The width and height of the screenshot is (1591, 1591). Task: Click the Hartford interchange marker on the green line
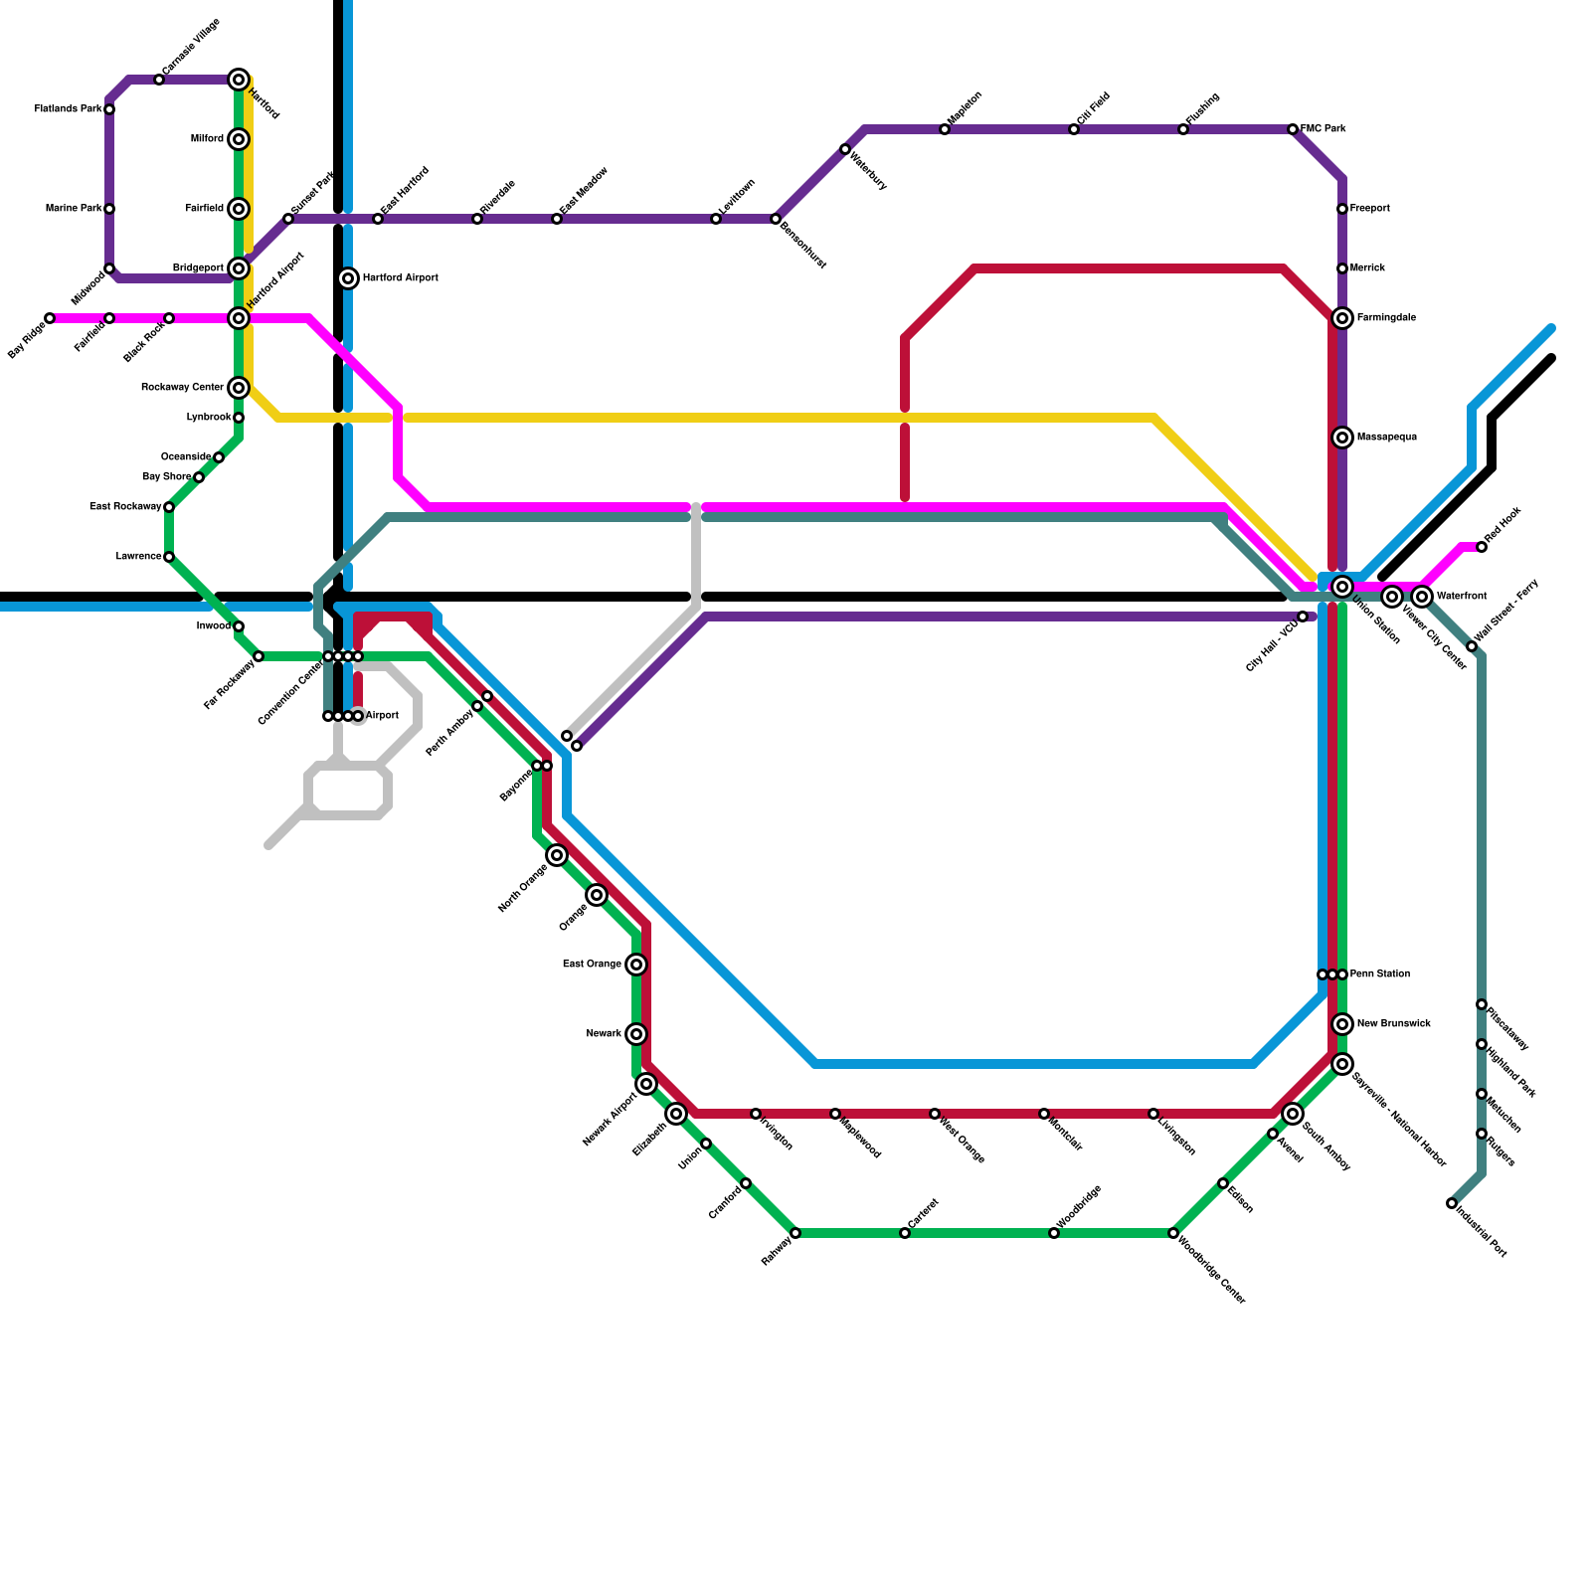pyautogui.click(x=239, y=80)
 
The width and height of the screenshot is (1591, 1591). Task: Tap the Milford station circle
pyautogui.click(x=239, y=139)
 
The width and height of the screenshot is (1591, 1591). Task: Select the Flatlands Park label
pyautogui.click(x=68, y=109)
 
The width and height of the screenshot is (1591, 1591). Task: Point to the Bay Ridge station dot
pyautogui.click(x=50, y=318)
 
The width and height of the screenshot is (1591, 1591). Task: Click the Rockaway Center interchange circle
pyautogui.click(x=239, y=388)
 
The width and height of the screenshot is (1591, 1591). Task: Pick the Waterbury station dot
pyautogui.click(x=845, y=149)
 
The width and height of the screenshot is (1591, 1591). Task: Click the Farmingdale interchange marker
pyautogui.click(x=1342, y=318)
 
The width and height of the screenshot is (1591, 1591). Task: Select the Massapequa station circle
pyautogui.click(x=1342, y=438)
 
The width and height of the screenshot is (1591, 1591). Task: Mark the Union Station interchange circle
pyautogui.click(x=1342, y=587)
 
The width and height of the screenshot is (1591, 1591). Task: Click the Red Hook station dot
pyautogui.click(x=1482, y=547)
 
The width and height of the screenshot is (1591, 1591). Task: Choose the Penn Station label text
pyautogui.click(x=1379, y=974)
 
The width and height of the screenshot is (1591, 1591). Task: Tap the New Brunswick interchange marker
pyautogui.click(x=1342, y=1024)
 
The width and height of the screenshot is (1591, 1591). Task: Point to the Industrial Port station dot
pyautogui.click(x=1452, y=1203)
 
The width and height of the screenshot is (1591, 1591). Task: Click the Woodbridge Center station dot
pyautogui.click(x=1173, y=1233)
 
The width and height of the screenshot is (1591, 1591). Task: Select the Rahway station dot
pyautogui.click(x=795, y=1233)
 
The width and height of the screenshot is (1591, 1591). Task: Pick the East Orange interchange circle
pyautogui.click(x=636, y=965)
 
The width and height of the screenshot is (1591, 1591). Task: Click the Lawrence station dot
pyautogui.click(x=169, y=557)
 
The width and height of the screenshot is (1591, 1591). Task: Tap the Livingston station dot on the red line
pyautogui.click(x=1153, y=1114)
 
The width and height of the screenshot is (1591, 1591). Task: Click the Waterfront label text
pyautogui.click(x=1462, y=597)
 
